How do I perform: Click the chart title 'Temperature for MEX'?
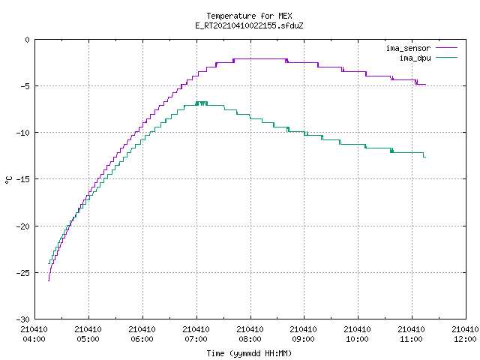[249, 16]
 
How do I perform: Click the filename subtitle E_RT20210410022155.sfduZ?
[249, 25]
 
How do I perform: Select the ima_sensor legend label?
[408, 48]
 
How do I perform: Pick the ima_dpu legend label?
[415, 58]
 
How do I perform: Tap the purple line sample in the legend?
[446, 48]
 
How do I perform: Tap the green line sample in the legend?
[446, 57]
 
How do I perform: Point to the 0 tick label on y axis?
[28, 40]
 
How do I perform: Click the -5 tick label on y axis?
[25, 86]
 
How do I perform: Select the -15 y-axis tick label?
[23, 179]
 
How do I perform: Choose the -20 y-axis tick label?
[23, 226]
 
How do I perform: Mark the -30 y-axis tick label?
[23, 319]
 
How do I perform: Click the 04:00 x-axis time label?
[34, 339]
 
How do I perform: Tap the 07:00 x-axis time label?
[196, 339]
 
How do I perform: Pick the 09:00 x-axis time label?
[303, 339]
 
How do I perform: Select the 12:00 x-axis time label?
[465, 339]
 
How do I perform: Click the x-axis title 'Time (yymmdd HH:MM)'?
[249, 353]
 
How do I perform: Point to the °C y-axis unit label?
[8, 180]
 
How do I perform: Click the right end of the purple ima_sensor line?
[425, 85]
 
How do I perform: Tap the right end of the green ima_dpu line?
[425, 157]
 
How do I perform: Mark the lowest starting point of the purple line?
[49, 280]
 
